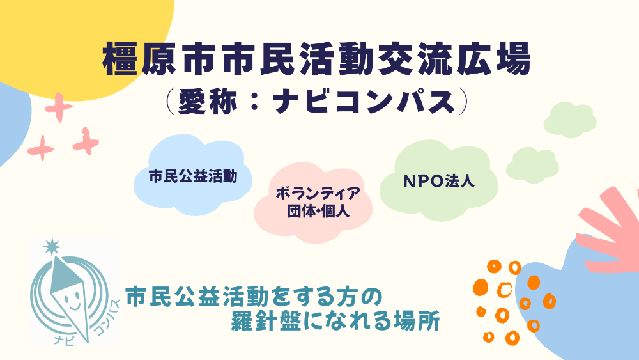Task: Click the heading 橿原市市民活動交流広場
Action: click(317, 61)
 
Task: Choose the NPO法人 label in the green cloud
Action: click(438, 181)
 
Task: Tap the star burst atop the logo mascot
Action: click(51, 246)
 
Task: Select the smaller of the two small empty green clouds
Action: click(532, 164)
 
